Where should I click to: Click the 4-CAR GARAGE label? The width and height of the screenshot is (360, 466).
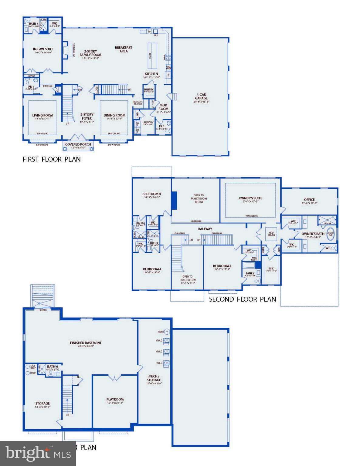(x=201, y=96)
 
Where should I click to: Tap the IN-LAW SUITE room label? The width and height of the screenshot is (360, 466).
(x=43, y=49)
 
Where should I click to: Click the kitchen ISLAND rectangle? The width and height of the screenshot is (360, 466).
(x=151, y=56)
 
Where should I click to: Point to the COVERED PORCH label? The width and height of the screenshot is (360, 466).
(x=78, y=144)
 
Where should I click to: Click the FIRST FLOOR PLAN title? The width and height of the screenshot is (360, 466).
(x=52, y=159)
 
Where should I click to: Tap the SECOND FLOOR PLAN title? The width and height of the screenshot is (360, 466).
(x=243, y=299)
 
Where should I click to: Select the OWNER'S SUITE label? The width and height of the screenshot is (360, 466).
(x=250, y=198)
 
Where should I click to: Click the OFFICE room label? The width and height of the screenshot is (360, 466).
(x=309, y=200)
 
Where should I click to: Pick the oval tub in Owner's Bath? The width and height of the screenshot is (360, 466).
(x=330, y=235)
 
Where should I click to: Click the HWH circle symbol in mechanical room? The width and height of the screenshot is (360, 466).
(x=166, y=332)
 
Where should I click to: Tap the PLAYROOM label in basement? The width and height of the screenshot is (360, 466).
(x=115, y=399)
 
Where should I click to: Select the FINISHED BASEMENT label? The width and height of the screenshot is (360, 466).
(x=86, y=343)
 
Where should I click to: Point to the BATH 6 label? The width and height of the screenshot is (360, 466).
(x=53, y=366)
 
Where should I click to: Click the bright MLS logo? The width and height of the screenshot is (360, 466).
(x=38, y=453)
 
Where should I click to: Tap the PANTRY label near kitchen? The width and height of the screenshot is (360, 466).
(x=149, y=89)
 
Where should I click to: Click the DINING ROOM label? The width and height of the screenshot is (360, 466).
(x=114, y=115)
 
